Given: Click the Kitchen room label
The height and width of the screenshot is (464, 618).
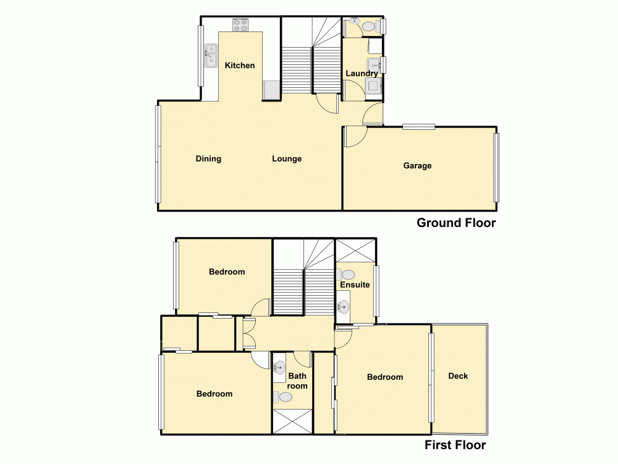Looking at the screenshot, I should coord(240,66).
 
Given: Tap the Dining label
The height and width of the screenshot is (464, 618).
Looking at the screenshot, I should coord(208,159).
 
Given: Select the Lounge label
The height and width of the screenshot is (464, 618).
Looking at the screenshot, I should coord(287,159).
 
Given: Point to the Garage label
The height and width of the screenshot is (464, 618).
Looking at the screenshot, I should coord(417,166).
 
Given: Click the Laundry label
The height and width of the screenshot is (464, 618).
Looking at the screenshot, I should coord(362,74).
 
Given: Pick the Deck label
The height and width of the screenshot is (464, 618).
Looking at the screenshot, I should coord(458,376).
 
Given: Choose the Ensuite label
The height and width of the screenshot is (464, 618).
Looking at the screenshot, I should coord(355,285).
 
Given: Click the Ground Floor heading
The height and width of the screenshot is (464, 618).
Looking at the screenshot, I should coord(456,223).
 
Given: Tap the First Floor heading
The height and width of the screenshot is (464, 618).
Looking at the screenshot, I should coord(455,445).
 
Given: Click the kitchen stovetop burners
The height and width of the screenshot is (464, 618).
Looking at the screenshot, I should coord(240,25).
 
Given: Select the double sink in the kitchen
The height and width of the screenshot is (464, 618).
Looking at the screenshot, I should coord(211,54).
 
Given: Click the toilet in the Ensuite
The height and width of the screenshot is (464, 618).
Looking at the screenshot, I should coord(347,274).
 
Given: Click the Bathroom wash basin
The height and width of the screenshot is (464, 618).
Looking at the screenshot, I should coord(280,366).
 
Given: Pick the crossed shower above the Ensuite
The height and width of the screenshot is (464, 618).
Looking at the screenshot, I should coord(355,250).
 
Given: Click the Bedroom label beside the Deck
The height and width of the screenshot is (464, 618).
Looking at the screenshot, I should coord(384,377).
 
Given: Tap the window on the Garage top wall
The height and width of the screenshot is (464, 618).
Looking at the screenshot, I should coord(418,127).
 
